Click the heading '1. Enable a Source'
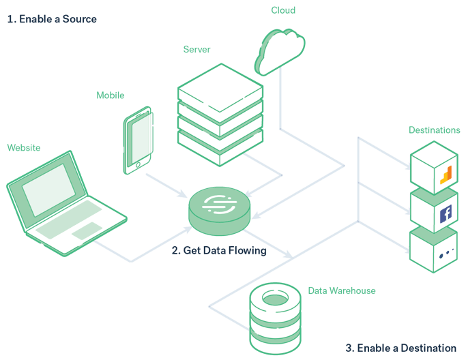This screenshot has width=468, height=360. click(52, 19)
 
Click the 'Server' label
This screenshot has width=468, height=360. click(196, 50)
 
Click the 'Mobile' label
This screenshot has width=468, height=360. click(111, 95)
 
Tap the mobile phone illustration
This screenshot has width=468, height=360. click(138, 139)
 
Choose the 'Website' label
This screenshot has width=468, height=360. click(24, 147)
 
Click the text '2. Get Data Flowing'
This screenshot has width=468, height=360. click(218, 250)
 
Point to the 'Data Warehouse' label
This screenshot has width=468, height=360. click(341, 291)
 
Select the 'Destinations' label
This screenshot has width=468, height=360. click(434, 130)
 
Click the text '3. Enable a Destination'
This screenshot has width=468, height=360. click(400, 348)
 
